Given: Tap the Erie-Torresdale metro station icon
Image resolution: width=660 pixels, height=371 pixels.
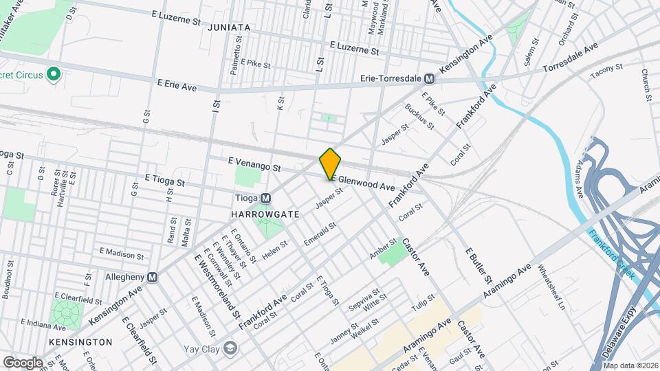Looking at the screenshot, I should [429, 79].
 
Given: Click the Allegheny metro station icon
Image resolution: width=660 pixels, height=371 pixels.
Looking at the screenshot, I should [152, 277].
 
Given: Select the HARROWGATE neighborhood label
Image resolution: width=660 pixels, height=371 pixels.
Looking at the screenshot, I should [265, 214].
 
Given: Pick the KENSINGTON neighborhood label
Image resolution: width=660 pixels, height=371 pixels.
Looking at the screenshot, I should [80, 341].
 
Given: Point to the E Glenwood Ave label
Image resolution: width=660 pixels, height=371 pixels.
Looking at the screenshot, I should [362, 183].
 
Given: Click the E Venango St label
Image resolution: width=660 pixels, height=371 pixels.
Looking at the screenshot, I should [255, 164].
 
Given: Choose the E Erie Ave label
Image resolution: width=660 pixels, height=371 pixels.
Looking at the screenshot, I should [177, 85].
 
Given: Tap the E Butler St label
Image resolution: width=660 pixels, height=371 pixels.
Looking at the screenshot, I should [479, 266].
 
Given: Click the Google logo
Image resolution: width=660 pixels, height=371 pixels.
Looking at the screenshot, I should [23, 362].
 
